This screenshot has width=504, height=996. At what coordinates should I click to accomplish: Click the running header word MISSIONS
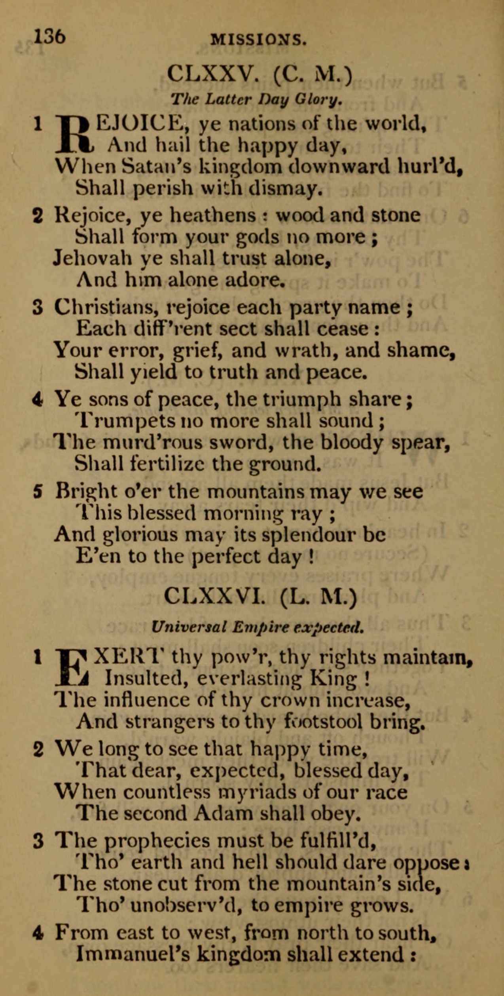click(259, 40)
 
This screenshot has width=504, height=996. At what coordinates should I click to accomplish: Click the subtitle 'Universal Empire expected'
click(258, 627)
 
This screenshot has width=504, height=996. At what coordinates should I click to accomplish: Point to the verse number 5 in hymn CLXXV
click(38, 492)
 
